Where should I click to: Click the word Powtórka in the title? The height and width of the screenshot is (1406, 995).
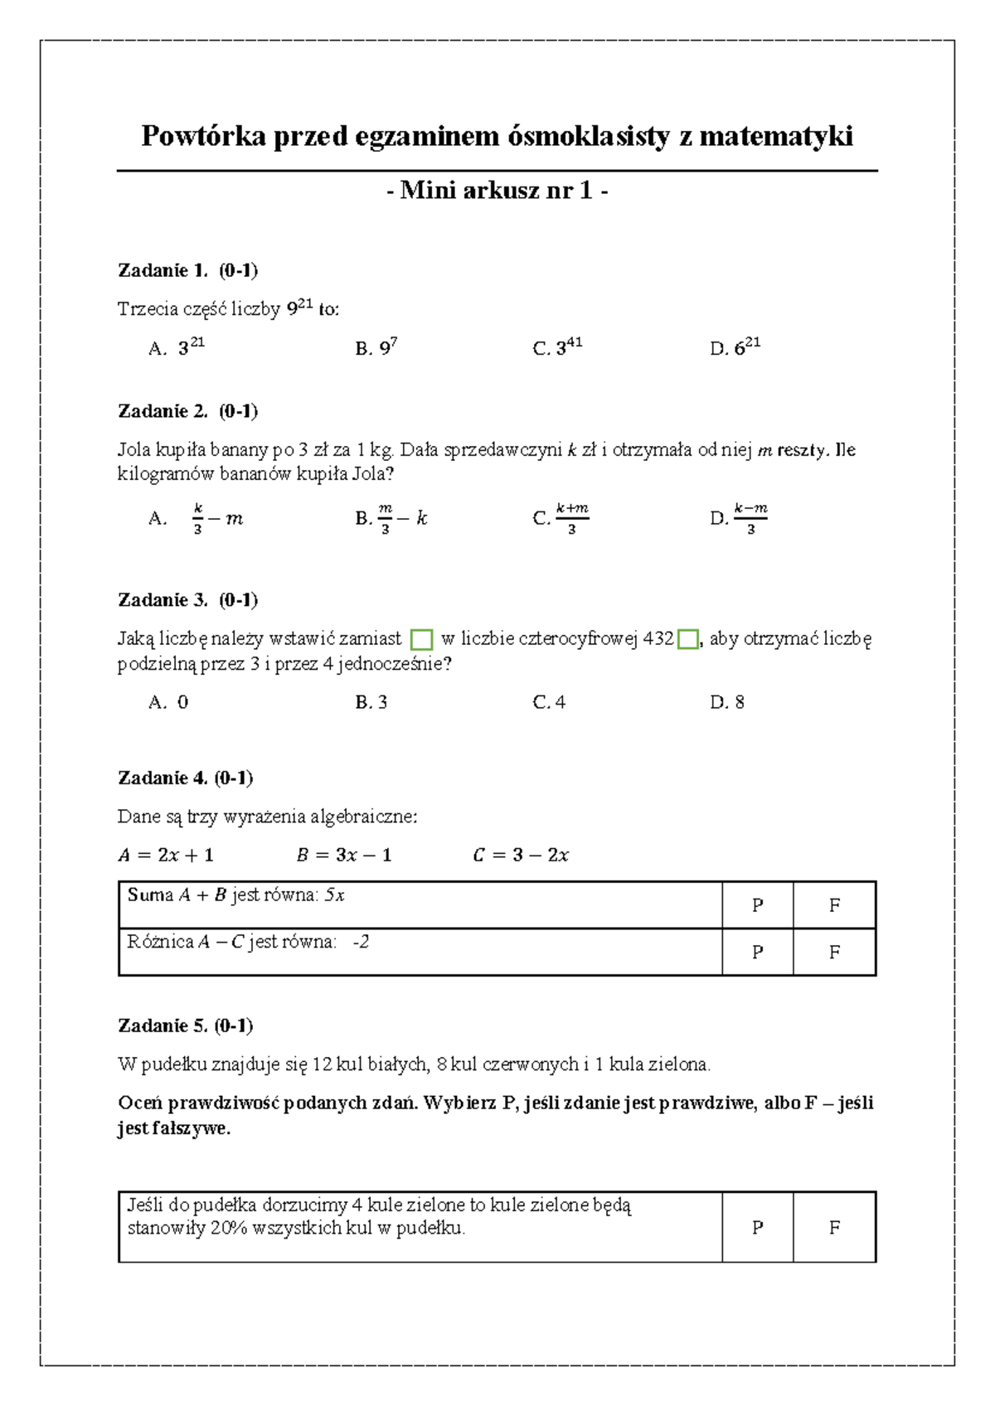tap(202, 136)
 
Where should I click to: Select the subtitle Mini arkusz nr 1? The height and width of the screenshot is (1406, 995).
tap(498, 191)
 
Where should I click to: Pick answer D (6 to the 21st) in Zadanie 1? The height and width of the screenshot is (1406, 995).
tap(736, 348)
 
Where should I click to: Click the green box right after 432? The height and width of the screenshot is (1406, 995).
tap(687, 639)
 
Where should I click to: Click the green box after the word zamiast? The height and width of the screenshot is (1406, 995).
tap(422, 639)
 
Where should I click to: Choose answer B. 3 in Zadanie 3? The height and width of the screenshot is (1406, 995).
tap(371, 702)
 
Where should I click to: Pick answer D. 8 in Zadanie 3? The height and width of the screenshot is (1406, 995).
tap(727, 702)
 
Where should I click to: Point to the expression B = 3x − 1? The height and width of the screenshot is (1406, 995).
tap(343, 855)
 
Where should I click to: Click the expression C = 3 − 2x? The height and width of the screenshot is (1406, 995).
tap(521, 855)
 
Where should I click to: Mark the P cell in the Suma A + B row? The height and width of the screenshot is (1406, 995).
tap(757, 905)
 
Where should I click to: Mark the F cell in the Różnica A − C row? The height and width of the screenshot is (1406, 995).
tap(834, 952)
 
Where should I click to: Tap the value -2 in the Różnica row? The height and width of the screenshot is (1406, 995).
tap(361, 942)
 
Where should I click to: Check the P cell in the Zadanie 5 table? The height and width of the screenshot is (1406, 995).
tap(757, 1228)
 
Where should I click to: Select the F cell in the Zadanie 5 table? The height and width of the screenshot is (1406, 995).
tap(834, 1228)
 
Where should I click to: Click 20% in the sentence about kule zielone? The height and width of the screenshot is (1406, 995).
tap(228, 1228)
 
